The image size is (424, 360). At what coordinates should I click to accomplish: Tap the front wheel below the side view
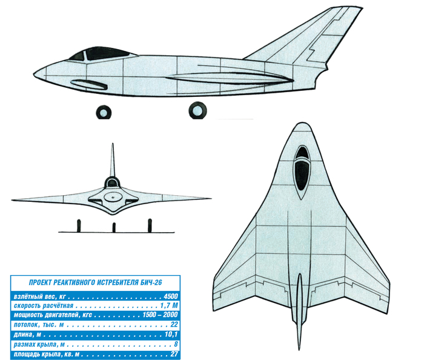[104, 112]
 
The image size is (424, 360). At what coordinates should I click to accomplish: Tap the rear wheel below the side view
[197, 110]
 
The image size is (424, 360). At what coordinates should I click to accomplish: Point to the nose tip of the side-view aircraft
[34, 74]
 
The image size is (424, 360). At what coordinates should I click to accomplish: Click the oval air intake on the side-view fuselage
[88, 84]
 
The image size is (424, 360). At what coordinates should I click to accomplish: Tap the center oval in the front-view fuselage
[113, 196]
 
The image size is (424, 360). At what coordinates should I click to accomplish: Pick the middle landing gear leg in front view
[114, 227]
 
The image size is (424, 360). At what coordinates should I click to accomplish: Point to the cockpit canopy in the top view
[302, 172]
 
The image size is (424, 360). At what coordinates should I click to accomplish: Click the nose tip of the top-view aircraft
[302, 123]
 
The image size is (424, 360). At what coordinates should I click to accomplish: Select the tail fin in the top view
[300, 311]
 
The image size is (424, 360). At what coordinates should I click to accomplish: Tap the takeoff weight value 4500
[171, 296]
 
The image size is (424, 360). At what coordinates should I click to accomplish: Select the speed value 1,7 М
[169, 305]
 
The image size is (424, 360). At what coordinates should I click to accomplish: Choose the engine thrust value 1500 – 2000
[160, 315]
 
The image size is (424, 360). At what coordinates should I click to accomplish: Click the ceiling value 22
[174, 324]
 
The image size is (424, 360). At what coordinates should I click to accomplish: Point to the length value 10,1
[171, 335]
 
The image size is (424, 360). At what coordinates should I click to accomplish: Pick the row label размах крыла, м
[39, 345]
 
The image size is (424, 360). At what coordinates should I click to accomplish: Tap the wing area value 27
[174, 354]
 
